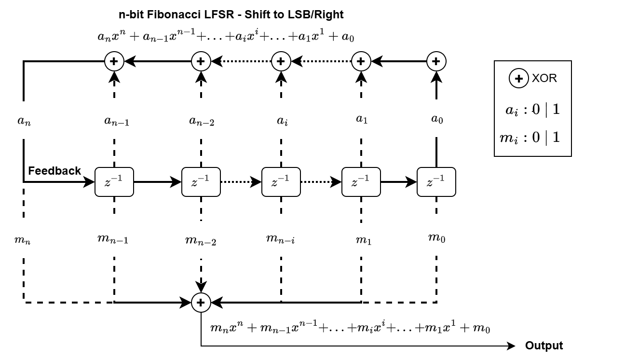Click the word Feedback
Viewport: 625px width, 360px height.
coord(54,171)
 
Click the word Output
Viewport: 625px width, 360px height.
coord(543,346)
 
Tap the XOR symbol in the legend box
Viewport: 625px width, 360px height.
coord(519,79)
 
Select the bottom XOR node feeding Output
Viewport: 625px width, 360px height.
coord(201,303)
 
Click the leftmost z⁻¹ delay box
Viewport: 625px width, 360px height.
coord(114,182)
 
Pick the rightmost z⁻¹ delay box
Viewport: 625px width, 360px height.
coord(436,182)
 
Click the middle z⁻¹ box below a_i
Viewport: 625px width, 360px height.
coord(281,182)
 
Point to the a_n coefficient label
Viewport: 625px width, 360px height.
coord(24,121)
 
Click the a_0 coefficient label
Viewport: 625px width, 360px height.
coord(436,120)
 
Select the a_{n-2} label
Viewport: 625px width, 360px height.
coord(201,121)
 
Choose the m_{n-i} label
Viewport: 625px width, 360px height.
coord(281,238)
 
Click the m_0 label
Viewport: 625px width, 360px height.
coord(436,237)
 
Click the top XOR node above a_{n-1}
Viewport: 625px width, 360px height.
coord(114,61)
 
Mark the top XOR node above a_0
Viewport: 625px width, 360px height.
coord(436,61)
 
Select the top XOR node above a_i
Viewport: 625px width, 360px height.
coord(281,61)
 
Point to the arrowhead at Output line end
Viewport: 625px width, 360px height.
coord(512,346)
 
